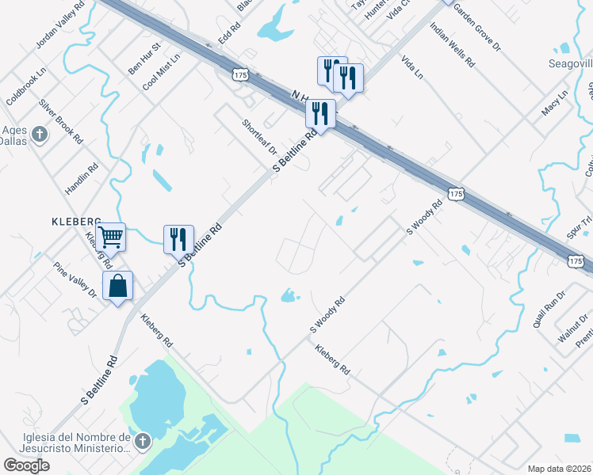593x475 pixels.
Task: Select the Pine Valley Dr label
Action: [75, 280]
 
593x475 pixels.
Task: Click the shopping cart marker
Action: [110, 236]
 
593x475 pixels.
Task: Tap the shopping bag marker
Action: [117, 287]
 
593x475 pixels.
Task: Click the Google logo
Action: [26, 465]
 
